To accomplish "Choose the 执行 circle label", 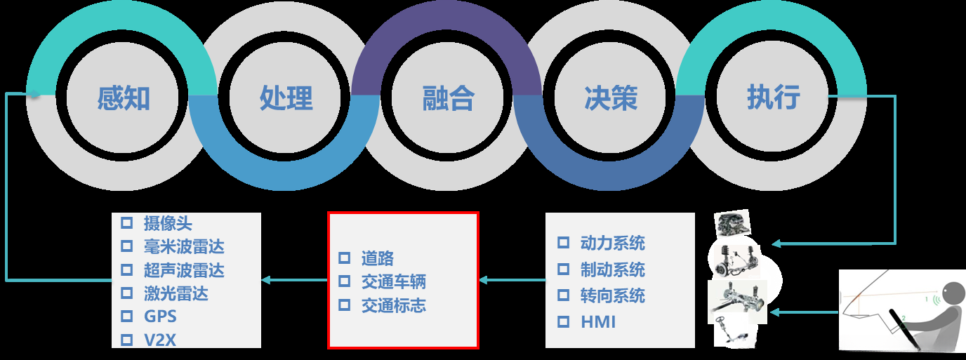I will (x=773, y=97).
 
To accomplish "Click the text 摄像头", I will (x=168, y=223).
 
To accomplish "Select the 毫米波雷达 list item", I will (x=184, y=246).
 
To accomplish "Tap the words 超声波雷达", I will (x=184, y=270).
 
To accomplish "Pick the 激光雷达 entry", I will (x=176, y=293).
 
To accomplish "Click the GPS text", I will (x=160, y=316).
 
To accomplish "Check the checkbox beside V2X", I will (x=127, y=340).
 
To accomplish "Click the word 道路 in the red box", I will (x=378, y=258).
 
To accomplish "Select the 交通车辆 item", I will (x=393, y=282).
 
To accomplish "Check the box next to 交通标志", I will (x=344, y=305).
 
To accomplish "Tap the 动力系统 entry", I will (x=612, y=243).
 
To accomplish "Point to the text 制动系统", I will (x=612, y=269).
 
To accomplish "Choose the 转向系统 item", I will (x=612, y=295).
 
